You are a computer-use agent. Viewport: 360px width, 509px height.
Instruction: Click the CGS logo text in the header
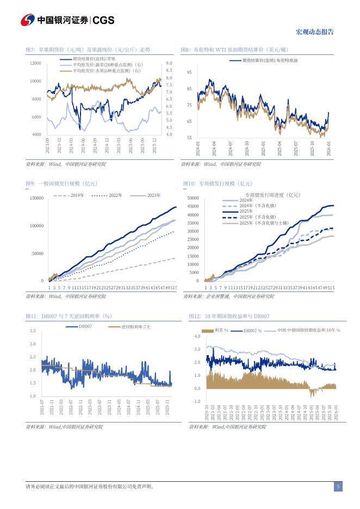pos(103,20)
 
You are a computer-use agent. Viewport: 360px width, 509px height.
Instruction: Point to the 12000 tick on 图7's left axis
pos(35,64)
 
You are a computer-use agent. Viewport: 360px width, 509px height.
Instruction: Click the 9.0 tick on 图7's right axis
pos(169,64)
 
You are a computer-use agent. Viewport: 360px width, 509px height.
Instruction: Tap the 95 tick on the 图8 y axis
pos(189,72)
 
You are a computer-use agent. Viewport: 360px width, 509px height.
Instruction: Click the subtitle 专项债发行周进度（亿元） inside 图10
pos(272,194)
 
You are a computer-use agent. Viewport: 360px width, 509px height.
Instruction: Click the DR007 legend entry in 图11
pos(85,326)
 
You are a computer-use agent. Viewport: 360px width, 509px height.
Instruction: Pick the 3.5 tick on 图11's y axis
pos(33,331)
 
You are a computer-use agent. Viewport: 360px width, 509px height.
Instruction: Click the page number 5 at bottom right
pos(338,487)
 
